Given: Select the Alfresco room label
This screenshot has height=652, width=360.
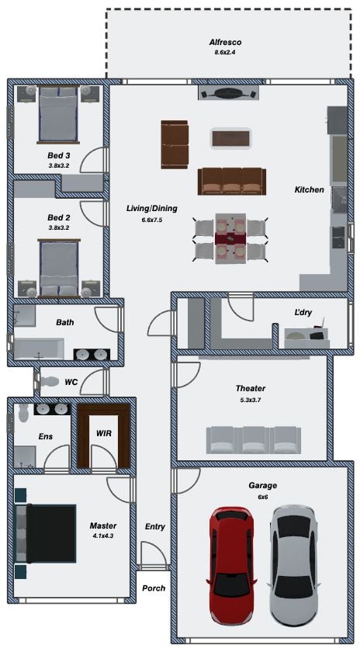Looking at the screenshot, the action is coord(225,42).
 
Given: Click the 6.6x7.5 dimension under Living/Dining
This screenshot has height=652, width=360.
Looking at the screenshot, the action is coord(151,220).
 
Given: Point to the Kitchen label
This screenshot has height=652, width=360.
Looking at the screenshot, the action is coord(309,189).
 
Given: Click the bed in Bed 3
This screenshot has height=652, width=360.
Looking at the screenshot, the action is coord(58,114).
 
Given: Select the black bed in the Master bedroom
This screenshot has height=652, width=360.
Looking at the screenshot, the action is coord(46,533).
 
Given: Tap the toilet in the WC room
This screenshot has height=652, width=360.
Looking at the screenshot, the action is coord(49,381).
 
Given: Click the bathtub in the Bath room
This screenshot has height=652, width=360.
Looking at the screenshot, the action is coord(39,349).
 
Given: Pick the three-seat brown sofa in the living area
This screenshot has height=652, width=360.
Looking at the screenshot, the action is coord(231,181).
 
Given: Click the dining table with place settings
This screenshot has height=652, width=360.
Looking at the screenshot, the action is coord(230,239).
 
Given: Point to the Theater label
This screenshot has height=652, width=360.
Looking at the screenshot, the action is coord(251,388).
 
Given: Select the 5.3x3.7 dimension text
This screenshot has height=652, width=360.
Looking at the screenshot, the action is coord(251,401).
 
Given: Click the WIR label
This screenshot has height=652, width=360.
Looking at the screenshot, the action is coord(103,433).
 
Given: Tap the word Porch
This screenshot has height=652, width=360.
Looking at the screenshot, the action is coord(154,588).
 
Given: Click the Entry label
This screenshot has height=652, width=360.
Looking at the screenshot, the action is coord(155,526).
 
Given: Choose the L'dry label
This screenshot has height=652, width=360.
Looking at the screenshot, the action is coord(303,313).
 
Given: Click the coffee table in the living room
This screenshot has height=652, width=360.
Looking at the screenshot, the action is coord(230,138).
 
